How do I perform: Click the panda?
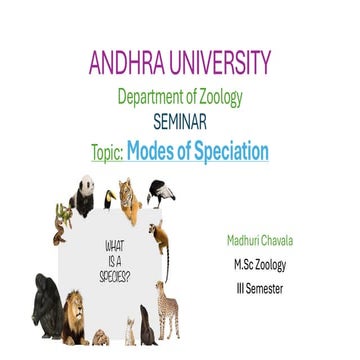pyautogui.click(x=87, y=192)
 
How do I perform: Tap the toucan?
pyautogui.click(x=109, y=201)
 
